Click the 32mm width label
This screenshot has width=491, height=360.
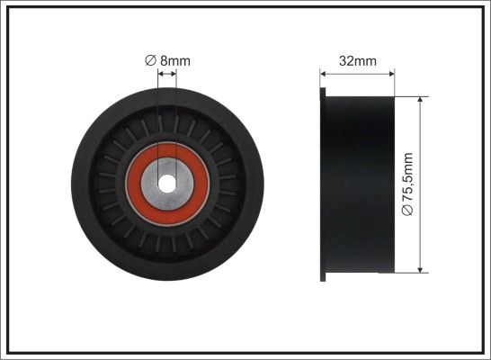(358, 61)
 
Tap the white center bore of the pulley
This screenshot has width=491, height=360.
(166, 184)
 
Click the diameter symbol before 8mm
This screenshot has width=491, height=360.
(150, 60)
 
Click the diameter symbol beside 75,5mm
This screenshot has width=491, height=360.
(407, 211)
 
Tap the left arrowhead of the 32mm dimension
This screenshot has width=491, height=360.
(324, 74)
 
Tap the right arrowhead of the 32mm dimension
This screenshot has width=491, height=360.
(391, 74)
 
